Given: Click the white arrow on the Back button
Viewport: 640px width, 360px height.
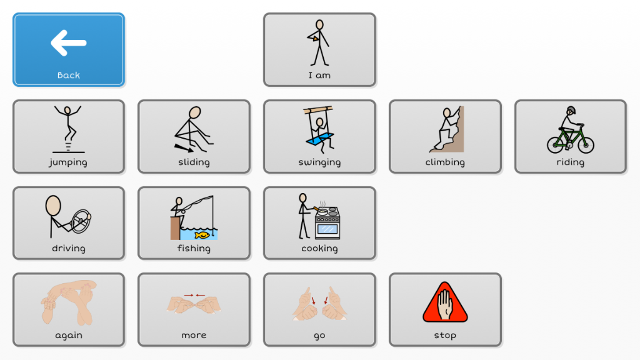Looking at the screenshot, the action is [68, 42].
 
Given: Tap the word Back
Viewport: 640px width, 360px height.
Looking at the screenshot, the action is [69, 75].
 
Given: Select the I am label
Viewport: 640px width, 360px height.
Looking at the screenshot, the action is [319, 75].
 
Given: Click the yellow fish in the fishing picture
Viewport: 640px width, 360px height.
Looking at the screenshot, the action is [202, 235].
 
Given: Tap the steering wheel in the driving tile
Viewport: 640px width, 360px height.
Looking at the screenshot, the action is [81, 221].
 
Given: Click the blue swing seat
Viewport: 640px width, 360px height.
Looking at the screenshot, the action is [320, 139].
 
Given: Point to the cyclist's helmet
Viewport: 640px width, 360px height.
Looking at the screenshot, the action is [571, 110].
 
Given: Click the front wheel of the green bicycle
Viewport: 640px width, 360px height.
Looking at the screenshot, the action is [586, 144].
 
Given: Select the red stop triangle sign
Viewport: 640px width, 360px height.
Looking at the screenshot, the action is [445, 302].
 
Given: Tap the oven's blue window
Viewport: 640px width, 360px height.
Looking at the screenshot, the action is [327, 229].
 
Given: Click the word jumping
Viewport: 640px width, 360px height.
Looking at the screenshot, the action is [68, 162].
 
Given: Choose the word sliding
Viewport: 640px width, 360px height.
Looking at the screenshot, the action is [194, 162].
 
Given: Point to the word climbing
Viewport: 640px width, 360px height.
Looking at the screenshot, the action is [445, 162].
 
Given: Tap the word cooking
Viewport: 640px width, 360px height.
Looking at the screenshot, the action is [319, 248].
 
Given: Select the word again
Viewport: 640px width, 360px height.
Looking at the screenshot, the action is [69, 335].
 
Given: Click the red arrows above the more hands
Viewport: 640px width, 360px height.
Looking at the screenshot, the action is [194, 295].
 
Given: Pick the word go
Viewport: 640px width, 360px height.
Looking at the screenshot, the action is [319, 336].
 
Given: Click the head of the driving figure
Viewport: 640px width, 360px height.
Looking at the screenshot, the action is [53, 205].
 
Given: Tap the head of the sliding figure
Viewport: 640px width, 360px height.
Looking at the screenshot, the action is [195, 112].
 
